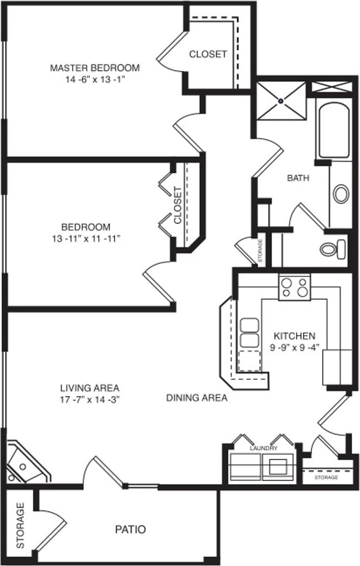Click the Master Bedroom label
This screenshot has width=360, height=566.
95,68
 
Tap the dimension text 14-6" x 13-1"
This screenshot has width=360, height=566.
95,79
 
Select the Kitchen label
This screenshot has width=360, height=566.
295,336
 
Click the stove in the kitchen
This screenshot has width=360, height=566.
295,287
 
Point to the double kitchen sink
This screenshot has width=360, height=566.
249,333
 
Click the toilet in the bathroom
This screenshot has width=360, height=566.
333,249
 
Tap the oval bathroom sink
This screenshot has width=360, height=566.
340,194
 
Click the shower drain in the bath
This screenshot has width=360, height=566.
281,101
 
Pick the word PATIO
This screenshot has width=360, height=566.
130,530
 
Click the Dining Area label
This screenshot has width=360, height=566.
197,398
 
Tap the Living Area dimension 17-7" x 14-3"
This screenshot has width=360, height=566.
89,399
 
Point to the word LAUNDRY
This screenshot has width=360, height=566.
263,449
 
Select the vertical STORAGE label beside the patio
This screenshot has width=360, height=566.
20,525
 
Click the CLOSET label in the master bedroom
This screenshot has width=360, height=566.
208,54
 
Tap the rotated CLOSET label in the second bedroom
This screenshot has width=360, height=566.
177,205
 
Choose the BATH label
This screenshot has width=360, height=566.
298,178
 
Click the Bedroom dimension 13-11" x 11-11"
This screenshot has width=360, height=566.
86,239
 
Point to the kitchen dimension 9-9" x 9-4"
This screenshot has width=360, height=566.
295,348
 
